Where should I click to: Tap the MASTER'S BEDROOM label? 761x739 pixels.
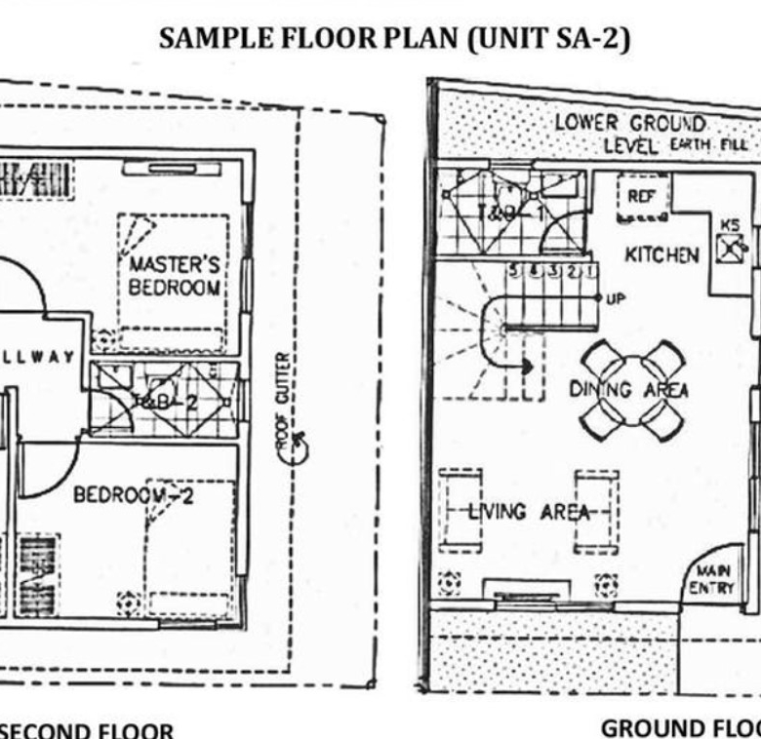pyautogui.click(x=175, y=276)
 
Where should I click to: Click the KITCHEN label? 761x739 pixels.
pyautogui.click(x=661, y=255)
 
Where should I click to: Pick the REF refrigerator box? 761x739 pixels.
pyautogui.click(x=640, y=197)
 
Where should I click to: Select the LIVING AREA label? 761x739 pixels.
pyautogui.click(x=527, y=511)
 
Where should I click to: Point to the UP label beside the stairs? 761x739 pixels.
pyautogui.click(x=615, y=298)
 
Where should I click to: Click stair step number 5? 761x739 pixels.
pyautogui.click(x=512, y=270)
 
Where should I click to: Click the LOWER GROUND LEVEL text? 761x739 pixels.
pyautogui.click(x=629, y=134)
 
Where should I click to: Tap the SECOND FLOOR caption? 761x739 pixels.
pyautogui.click(x=88, y=730)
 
